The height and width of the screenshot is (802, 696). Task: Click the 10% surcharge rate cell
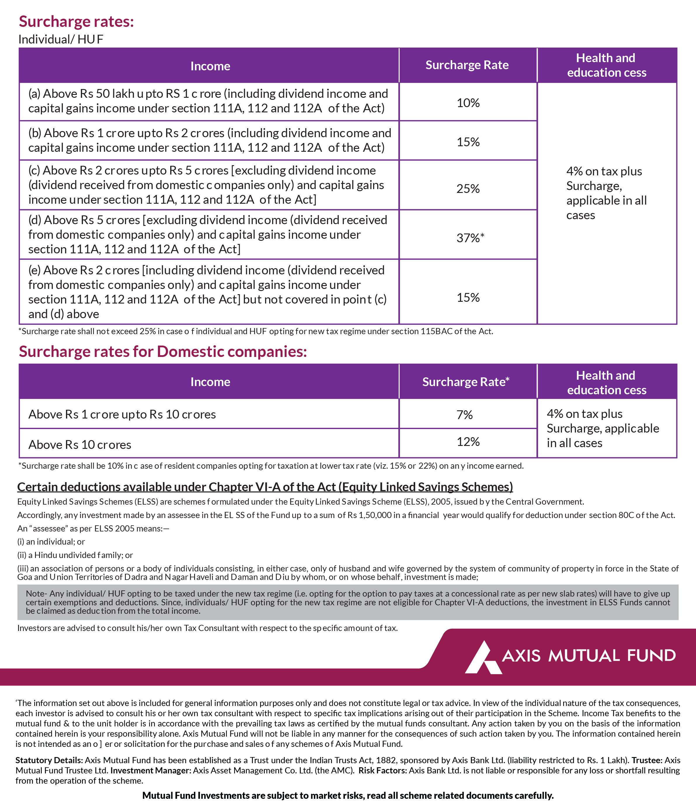pos(468,103)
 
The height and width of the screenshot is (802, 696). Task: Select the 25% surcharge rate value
pos(468,189)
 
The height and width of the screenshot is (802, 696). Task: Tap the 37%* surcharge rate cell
pos(470,238)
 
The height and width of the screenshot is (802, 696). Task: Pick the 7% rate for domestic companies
pos(464,415)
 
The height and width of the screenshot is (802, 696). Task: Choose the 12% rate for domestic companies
pos(468,442)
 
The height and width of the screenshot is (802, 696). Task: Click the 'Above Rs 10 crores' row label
pos(80,444)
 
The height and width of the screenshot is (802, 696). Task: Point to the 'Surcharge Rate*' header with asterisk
pos(466,382)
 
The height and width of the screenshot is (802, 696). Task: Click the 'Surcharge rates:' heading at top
pos(76,21)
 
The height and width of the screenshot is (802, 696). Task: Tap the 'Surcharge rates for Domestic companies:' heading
pos(163,351)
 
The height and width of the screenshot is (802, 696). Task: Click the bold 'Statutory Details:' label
pos(49,760)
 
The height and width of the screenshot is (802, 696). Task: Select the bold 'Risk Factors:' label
pos(382,770)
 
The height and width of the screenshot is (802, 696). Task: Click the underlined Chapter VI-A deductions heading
pos(265,487)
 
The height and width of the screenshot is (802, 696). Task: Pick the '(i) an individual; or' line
pos(51,541)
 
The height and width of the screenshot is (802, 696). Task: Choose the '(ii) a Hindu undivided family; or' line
pos(75,555)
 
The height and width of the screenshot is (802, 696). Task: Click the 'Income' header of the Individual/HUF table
pos(210,66)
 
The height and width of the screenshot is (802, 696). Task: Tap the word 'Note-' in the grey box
pos(36,594)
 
